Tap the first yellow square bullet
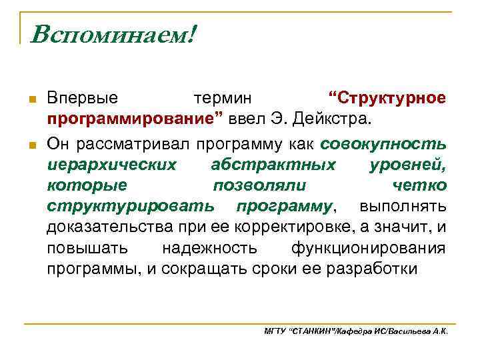(31, 99)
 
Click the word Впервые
(82, 98)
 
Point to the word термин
(223, 98)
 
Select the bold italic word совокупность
(383, 143)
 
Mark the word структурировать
(131, 205)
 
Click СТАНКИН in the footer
(313, 331)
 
